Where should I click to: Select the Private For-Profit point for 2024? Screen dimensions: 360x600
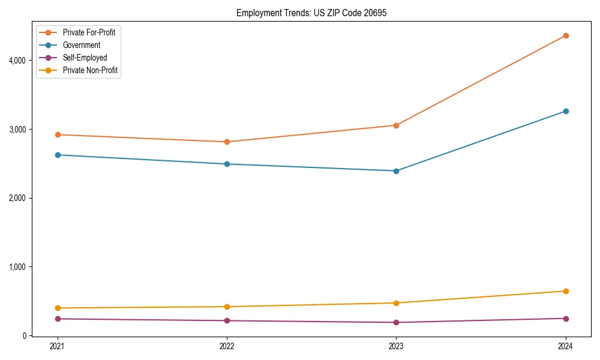tap(566, 35)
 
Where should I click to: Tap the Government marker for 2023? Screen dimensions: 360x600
tap(396, 171)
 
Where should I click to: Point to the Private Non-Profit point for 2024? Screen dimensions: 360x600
tap(566, 291)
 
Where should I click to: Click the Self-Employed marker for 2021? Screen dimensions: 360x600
tap(58, 319)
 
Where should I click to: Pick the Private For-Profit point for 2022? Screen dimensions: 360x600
tap(227, 142)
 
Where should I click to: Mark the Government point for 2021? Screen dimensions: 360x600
tap(58, 155)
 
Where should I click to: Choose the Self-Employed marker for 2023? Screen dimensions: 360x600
tap(396, 322)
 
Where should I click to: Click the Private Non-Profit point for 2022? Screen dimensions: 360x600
tap(227, 307)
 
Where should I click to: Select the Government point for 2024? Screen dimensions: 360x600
tap(566, 111)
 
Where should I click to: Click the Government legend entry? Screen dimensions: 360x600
tap(82, 45)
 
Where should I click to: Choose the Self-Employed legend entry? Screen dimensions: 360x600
tap(85, 58)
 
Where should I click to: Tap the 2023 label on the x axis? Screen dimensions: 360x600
tap(396, 346)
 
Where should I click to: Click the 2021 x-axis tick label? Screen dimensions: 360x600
tap(58, 346)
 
